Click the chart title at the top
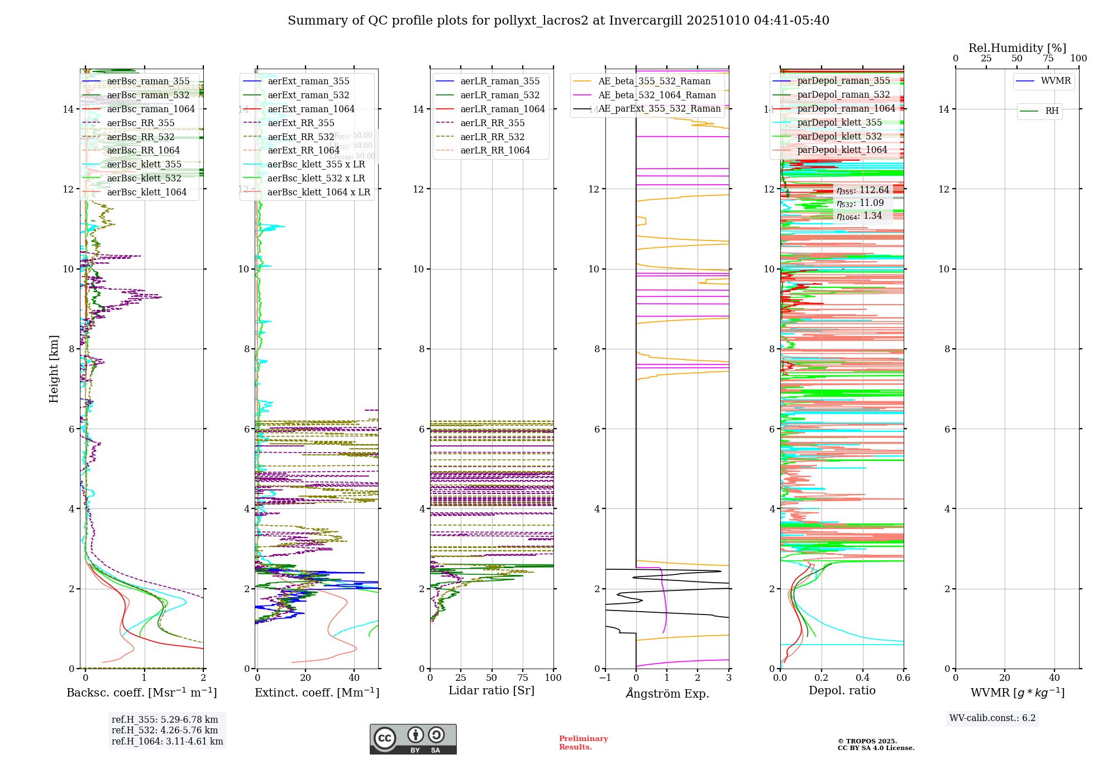tap(558, 21)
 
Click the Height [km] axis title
tap(54, 368)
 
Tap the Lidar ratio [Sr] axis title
tap(491, 690)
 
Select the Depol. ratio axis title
tap(842, 690)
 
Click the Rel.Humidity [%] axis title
tap(1017, 48)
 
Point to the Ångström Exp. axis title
tap(667, 693)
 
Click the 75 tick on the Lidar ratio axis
tap(523, 678)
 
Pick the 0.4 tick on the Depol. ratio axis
tap(862, 678)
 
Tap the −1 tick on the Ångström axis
tap(605, 678)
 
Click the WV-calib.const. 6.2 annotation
tap(992, 718)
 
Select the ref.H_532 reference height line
tap(165, 731)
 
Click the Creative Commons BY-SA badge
tap(413, 739)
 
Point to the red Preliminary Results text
tap(583, 743)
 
